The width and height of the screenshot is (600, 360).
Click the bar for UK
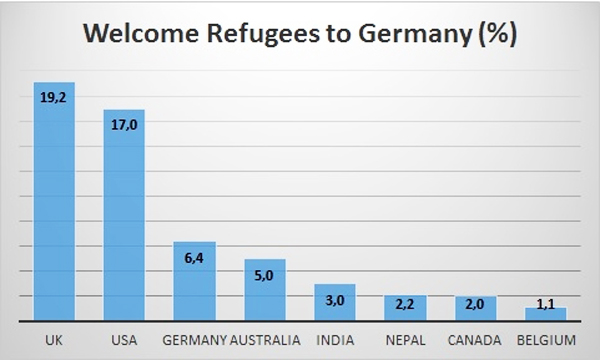(54, 200)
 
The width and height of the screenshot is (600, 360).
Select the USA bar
(124, 215)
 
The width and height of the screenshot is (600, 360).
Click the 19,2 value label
(54, 99)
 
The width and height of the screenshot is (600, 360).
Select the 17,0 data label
(124, 126)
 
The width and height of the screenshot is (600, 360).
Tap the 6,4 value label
(195, 258)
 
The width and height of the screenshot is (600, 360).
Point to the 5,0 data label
(265, 276)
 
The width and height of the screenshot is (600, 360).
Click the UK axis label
(54, 339)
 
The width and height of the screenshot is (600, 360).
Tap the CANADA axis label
(475, 339)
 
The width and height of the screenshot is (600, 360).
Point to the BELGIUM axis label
(546, 339)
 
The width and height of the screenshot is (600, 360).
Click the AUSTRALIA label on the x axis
(266, 339)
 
